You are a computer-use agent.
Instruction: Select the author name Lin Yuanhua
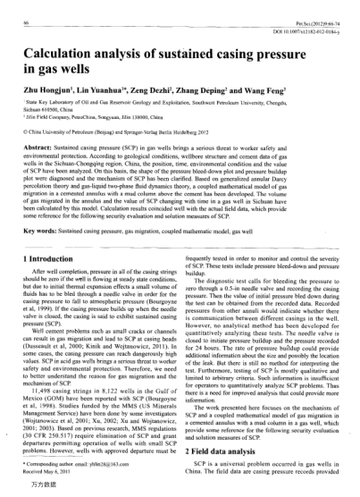pyautogui.click(x=121, y=91)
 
